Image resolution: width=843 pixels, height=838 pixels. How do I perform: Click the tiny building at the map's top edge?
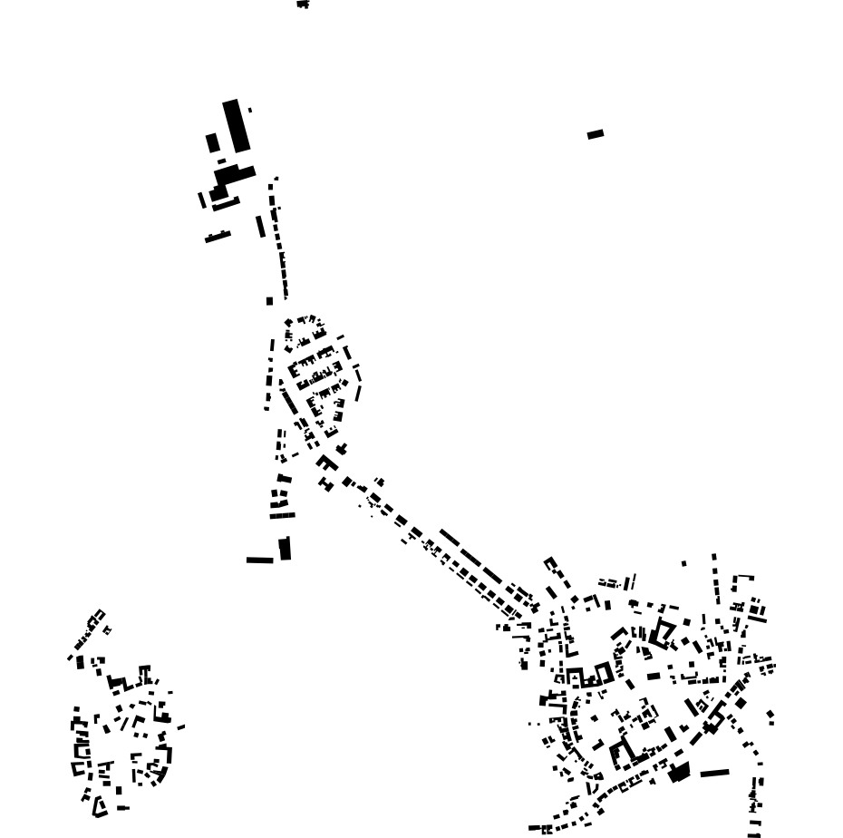click(x=303, y=5)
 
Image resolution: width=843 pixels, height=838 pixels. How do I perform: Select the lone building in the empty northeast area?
click(x=596, y=134)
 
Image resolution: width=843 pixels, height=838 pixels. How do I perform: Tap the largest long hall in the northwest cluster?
click(x=236, y=126)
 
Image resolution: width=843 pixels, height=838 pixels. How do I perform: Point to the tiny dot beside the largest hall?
click(x=250, y=111)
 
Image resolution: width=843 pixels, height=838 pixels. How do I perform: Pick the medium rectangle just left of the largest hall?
click(x=212, y=143)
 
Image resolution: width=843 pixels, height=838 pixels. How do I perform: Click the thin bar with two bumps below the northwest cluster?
click(x=218, y=238)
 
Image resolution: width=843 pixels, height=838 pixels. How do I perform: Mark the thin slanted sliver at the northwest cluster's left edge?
click(x=202, y=200)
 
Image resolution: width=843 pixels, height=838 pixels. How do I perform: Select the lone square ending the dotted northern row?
click(x=269, y=301)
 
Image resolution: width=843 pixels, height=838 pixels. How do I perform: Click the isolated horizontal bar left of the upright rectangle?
click(x=260, y=560)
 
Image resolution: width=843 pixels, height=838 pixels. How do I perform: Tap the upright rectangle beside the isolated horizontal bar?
click(x=285, y=549)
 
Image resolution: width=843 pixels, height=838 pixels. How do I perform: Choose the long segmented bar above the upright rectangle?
click(x=282, y=516)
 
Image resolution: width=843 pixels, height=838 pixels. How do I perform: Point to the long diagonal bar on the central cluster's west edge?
click(x=288, y=401)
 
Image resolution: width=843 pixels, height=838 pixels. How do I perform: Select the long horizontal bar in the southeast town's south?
click(x=714, y=774)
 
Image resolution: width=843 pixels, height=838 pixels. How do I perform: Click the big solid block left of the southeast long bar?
click(x=679, y=773)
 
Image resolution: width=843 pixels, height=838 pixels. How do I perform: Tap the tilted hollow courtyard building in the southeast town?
click(x=663, y=632)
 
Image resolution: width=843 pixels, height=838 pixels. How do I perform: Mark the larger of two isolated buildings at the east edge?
click(x=770, y=716)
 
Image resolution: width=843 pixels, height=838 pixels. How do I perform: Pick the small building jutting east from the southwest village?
click(x=181, y=726)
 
